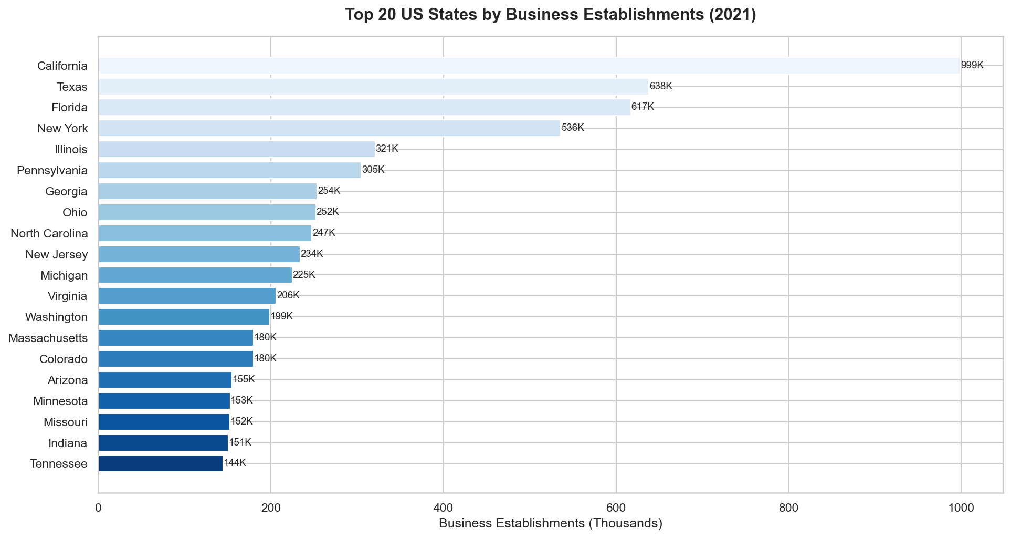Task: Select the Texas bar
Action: click(x=373, y=87)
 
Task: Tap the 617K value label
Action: click(x=643, y=107)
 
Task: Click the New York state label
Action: click(x=62, y=129)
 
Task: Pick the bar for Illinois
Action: click(x=236, y=149)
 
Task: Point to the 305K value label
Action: click(x=373, y=170)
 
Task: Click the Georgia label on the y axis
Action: click(x=66, y=192)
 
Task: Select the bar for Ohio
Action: click(x=207, y=212)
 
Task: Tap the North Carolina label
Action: click(x=49, y=233)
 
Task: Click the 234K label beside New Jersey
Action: click(x=312, y=254)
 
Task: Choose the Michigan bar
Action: click(x=195, y=275)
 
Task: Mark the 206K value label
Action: click(x=288, y=296)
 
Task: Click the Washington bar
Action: click(x=184, y=317)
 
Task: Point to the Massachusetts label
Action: click(x=48, y=338)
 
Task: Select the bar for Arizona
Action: click(x=165, y=380)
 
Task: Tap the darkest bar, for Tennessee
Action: click(x=160, y=463)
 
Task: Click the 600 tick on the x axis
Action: click(x=616, y=508)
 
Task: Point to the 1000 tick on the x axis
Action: click(x=961, y=508)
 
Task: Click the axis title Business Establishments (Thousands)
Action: click(x=550, y=524)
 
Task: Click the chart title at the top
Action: click(x=550, y=15)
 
